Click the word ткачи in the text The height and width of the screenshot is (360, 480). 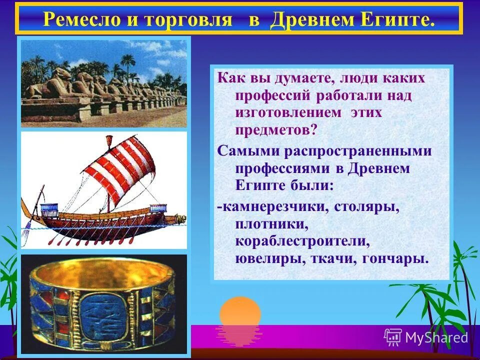(332, 259)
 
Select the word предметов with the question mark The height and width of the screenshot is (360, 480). (276, 129)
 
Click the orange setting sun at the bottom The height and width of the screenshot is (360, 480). (240, 312)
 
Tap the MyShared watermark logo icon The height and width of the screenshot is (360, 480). (393, 337)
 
